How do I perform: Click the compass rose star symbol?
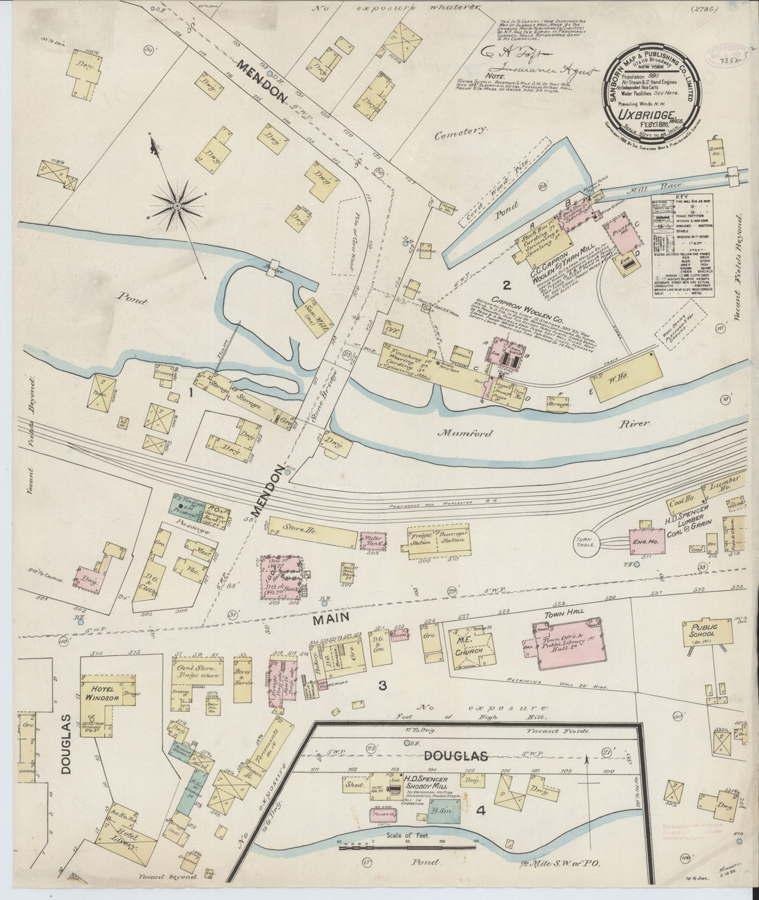pos(177,205)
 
